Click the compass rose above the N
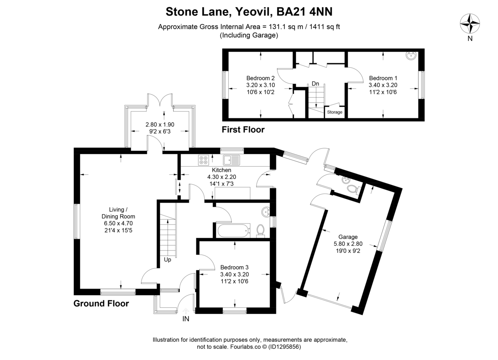(470, 24)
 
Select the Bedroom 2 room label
(260, 78)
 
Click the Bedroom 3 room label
(234, 267)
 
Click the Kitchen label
(222, 170)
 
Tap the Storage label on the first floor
(335, 112)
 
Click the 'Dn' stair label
(315, 84)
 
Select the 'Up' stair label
(167, 260)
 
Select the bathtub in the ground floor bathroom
(232, 230)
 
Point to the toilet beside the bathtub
(261, 230)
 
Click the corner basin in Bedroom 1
(412, 56)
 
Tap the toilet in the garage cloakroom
(352, 190)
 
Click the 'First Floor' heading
(243, 130)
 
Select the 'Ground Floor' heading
(101, 304)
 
